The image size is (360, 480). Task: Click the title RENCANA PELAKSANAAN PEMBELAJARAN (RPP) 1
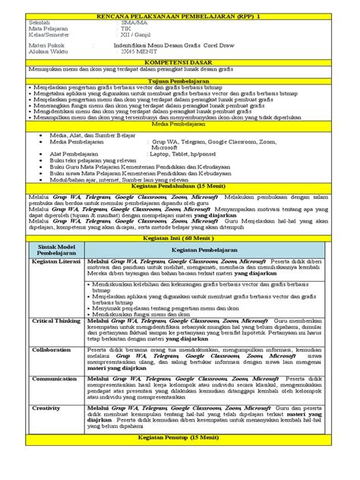(180, 15)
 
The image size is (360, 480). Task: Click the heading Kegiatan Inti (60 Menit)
(180, 238)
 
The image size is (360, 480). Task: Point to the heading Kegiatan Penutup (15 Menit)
(180, 439)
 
